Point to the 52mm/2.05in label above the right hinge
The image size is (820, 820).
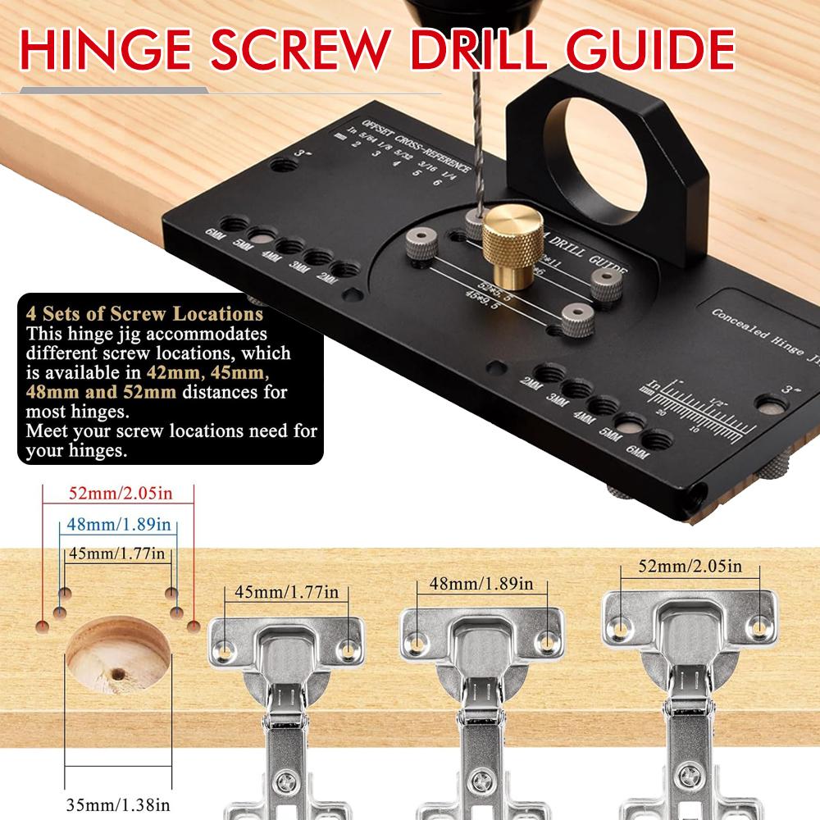pos(690,565)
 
